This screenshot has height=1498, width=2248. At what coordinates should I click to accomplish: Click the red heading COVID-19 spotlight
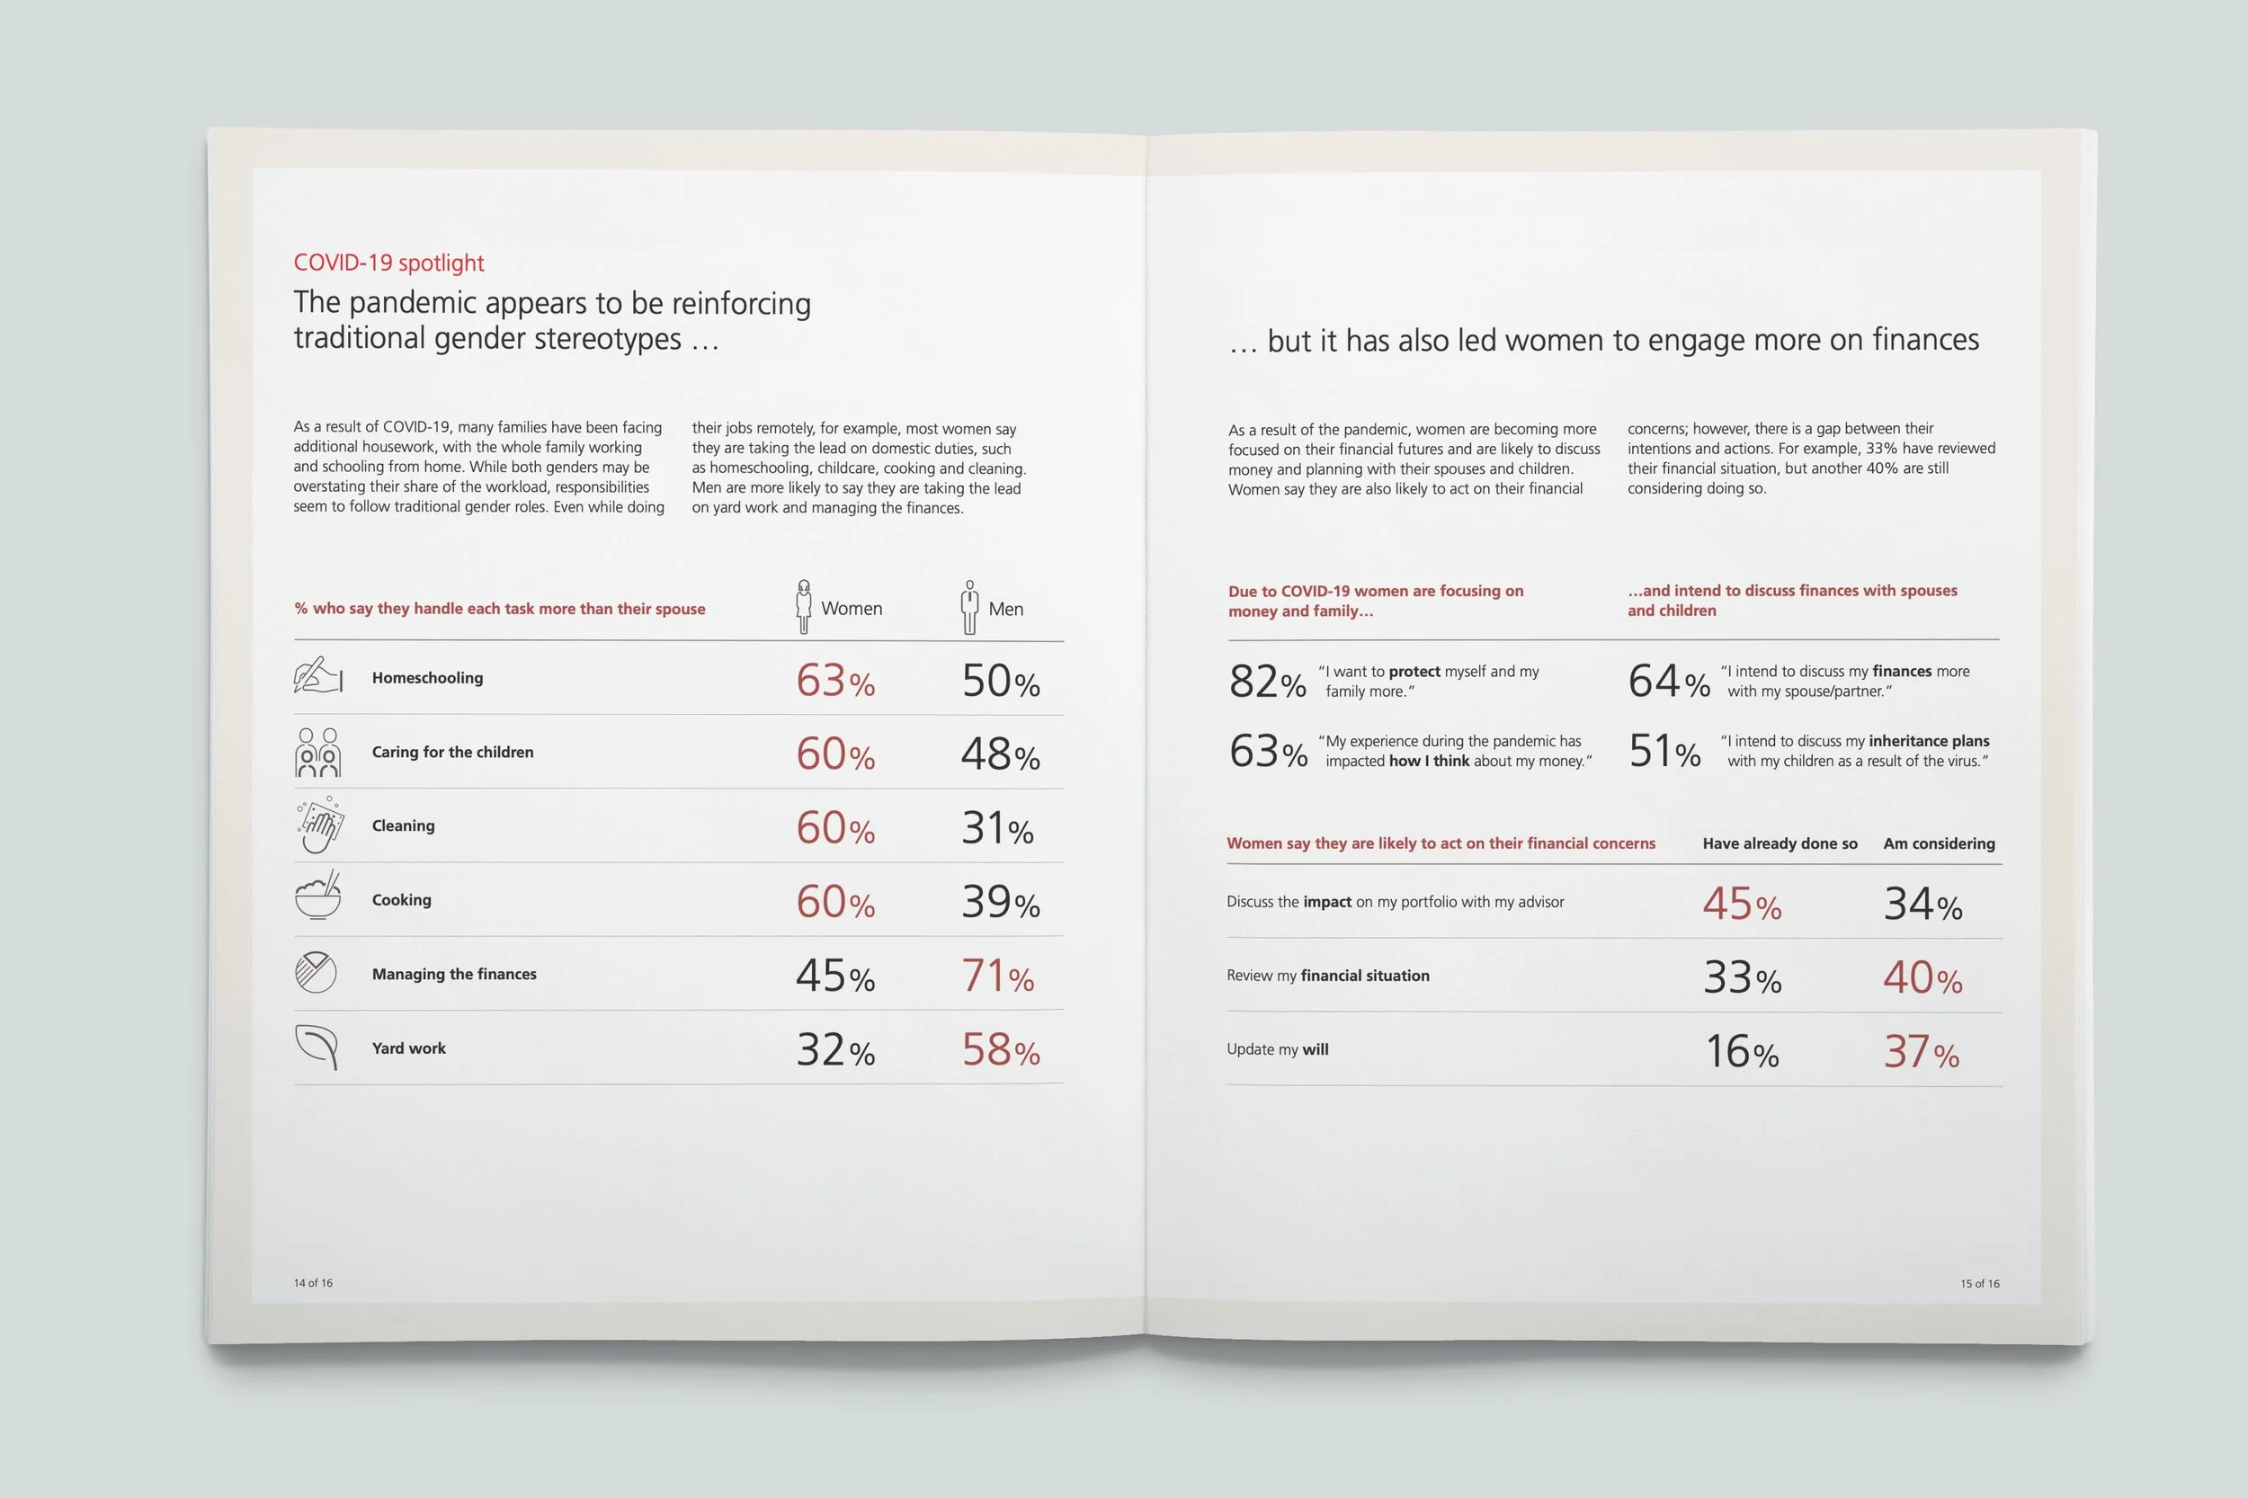(388, 263)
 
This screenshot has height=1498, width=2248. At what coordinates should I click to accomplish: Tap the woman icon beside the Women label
(804, 607)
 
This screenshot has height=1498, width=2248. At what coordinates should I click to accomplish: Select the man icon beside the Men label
(969, 608)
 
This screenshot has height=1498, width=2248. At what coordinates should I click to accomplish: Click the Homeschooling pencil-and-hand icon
(317, 675)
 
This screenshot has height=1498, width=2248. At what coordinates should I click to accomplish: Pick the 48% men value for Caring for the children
(999, 754)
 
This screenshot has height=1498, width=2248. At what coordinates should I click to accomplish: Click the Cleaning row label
(402, 826)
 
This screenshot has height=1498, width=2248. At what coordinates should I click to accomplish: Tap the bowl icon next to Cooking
(317, 896)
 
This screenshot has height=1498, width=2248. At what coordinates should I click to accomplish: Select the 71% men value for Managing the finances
(997, 976)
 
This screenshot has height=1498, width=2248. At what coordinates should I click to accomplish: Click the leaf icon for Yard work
(317, 1047)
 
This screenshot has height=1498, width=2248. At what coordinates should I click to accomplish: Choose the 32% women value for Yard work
(835, 1050)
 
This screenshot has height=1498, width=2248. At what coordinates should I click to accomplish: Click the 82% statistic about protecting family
(1267, 682)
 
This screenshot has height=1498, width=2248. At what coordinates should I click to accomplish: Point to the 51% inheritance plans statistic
(1664, 752)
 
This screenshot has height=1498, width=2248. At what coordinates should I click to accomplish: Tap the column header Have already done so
(1779, 843)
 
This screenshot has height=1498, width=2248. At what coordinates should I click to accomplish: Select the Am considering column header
(1939, 843)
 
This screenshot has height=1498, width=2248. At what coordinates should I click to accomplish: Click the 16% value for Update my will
(1742, 1052)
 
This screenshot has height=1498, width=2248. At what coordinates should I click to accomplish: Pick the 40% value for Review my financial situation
(1922, 978)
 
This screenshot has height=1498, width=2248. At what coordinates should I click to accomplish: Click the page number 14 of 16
(313, 1283)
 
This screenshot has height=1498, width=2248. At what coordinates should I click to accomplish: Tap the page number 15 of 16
(1979, 1284)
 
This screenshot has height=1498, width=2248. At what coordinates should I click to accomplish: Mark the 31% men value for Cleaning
(996, 828)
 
